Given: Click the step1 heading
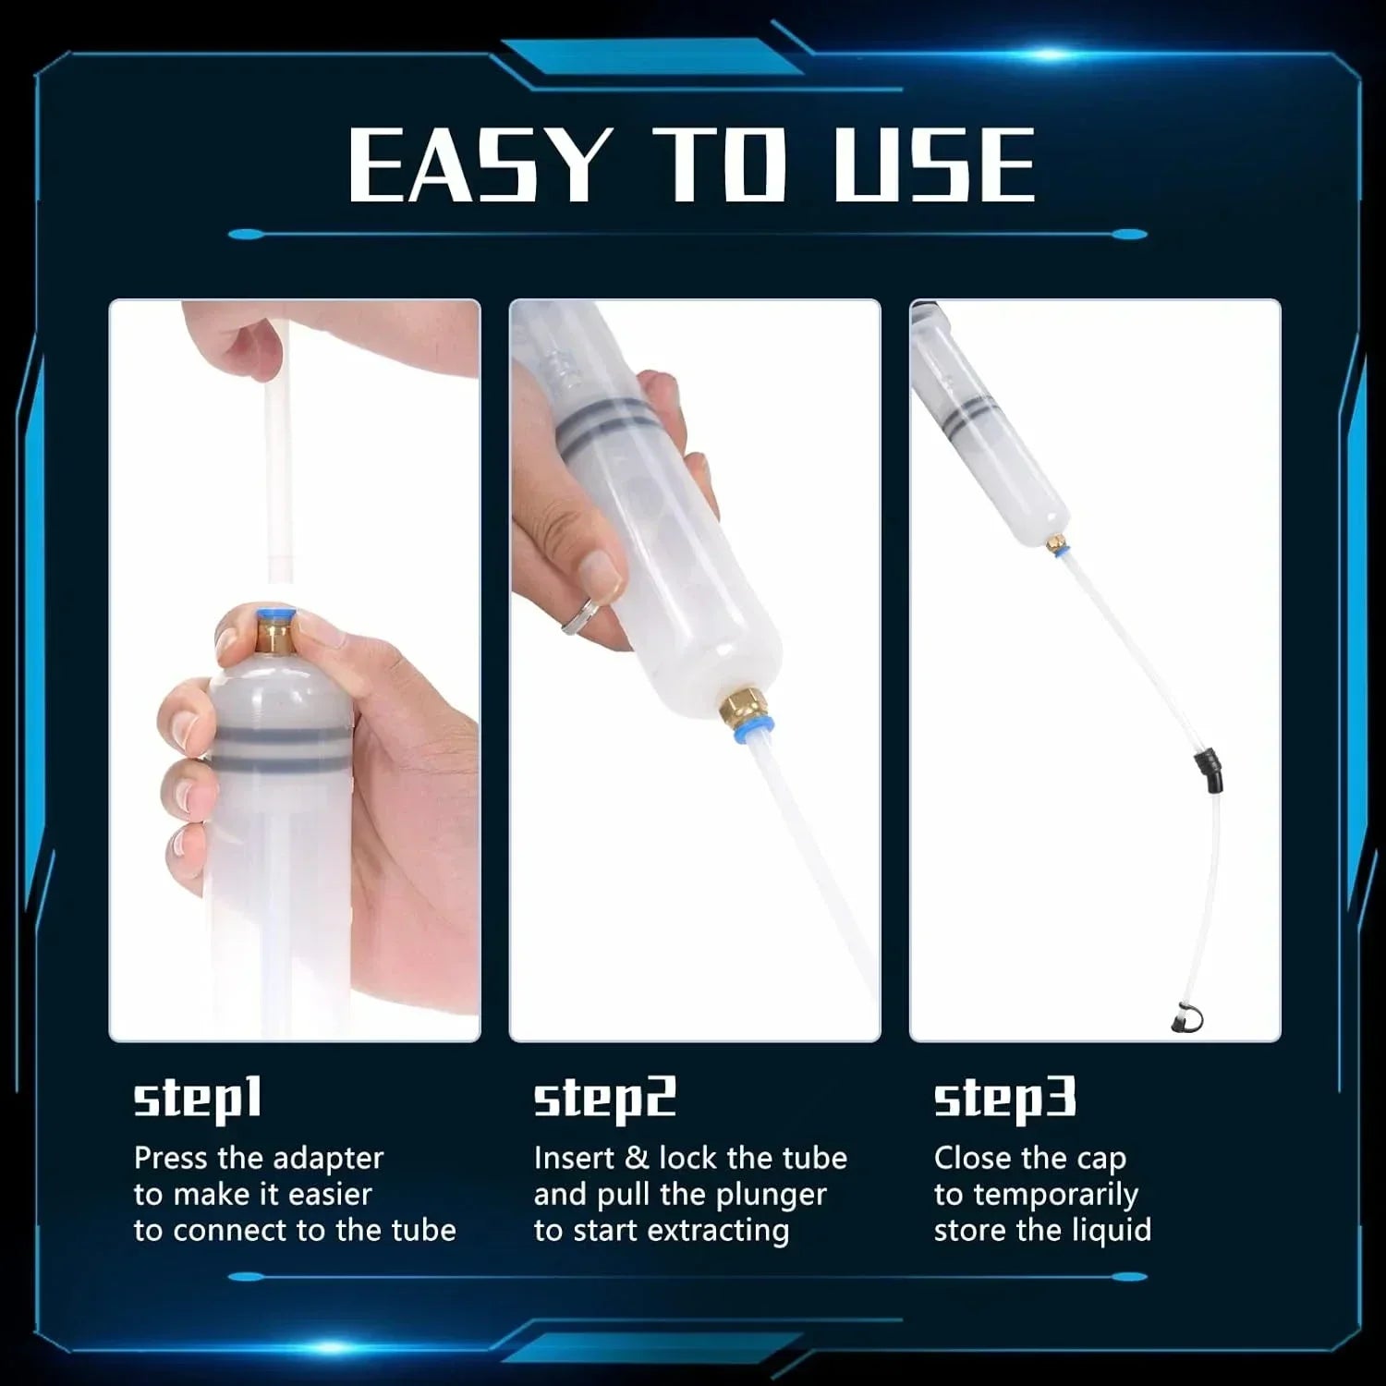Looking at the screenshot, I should (198, 1100).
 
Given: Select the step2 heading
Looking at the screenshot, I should (605, 1100).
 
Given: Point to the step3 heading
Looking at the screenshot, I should (1005, 1100).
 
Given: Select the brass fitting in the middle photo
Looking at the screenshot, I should (736, 709).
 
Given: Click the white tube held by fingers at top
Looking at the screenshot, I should (278, 444).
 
